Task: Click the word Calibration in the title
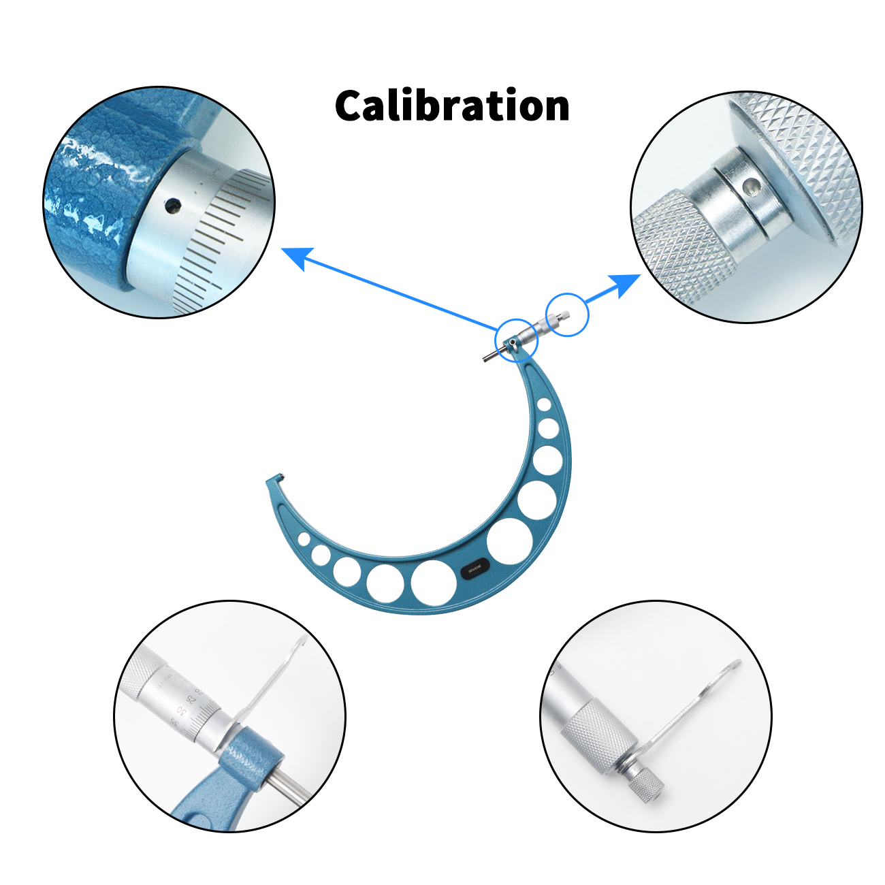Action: pos(452,106)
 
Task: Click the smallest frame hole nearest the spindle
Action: pos(544,405)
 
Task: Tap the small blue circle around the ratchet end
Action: pos(566,314)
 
